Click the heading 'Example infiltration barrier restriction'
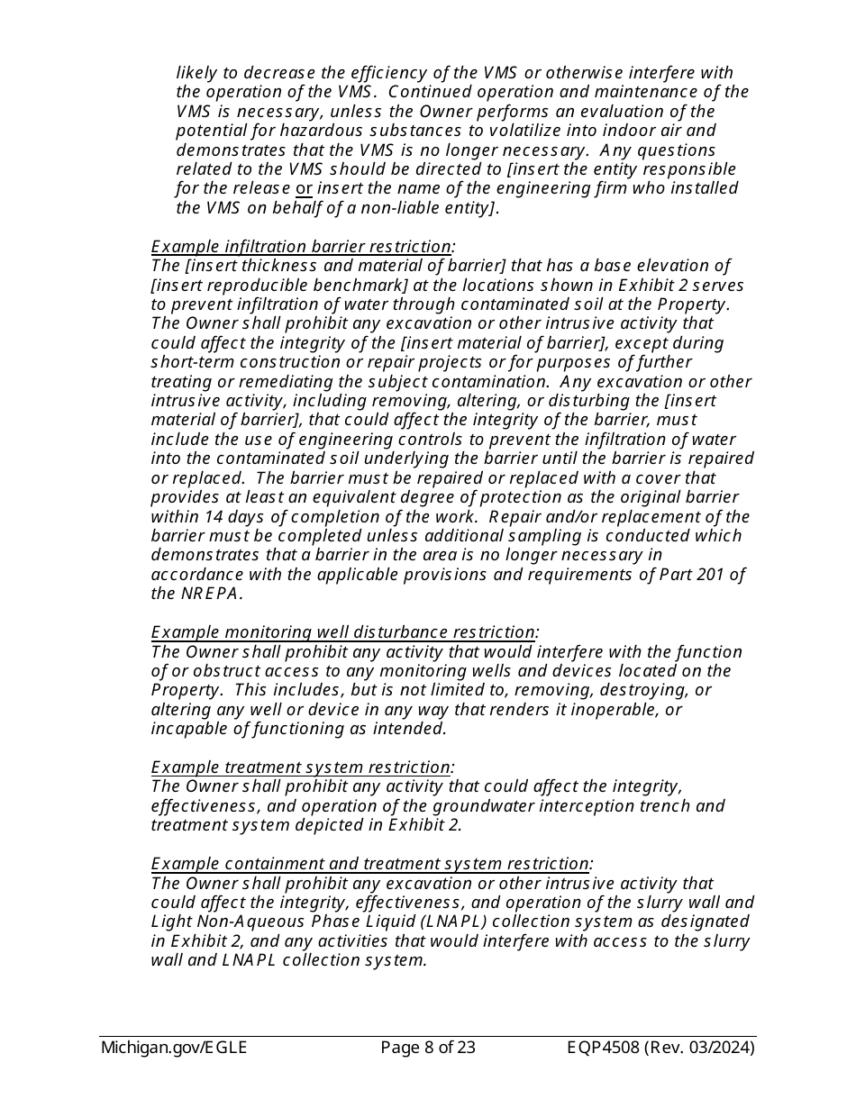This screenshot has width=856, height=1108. (x=302, y=246)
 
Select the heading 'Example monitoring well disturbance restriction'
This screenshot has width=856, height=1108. (x=343, y=632)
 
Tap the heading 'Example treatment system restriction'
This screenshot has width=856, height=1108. (x=301, y=767)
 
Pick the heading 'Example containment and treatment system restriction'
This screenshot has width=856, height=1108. (x=370, y=864)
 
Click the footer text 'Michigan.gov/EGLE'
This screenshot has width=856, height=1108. (x=174, y=1048)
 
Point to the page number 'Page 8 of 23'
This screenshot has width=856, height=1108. (x=428, y=1048)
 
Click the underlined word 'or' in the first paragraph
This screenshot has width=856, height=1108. (x=305, y=188)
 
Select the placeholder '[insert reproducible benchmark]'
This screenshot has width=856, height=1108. (x=269, y=285)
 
